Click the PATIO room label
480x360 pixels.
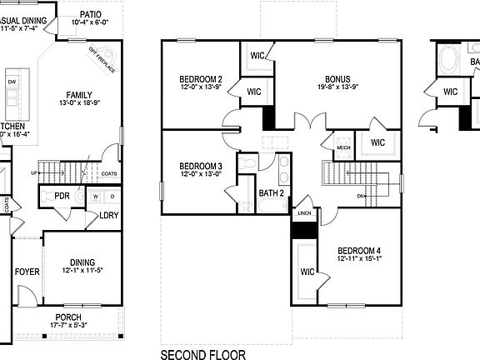click(91, 14)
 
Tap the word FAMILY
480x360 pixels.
click(79, 95)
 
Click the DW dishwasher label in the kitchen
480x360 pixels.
click(12, 82)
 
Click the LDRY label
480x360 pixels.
click(108, 215)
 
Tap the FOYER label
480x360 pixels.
click(27, 272)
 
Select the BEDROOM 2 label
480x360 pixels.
click(201, 79)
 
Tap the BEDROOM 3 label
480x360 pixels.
click(201, 167)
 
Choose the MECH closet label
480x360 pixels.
click(343, 147)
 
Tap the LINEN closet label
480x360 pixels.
click(304, 213)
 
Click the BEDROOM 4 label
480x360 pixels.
click(359, 251)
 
